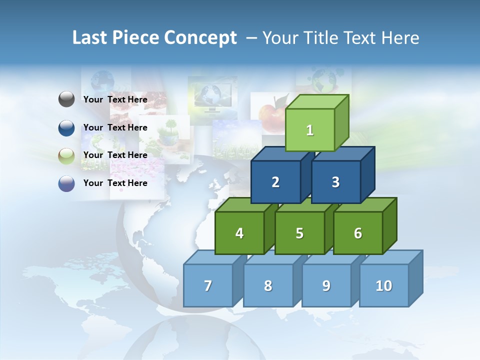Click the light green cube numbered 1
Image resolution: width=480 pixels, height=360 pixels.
tap(309, 130)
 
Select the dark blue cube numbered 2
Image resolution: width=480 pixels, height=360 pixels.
tap(275, 182)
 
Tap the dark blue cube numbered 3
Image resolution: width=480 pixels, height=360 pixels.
tap(335, 182)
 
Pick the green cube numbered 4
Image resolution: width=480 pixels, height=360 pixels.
tap(239, 233)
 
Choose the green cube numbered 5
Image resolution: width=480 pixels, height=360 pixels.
tap(299, 233)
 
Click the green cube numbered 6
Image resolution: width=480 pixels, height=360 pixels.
tap(357, 233)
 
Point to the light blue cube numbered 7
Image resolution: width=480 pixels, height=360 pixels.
tap(208, 285)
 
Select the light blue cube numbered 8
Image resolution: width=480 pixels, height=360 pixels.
tap(268, 285)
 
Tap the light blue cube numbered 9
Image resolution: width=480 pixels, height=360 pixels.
tap(326, 285)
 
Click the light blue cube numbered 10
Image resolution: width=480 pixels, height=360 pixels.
tap(383, 285)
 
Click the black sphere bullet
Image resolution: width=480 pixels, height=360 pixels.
tap(66, 99)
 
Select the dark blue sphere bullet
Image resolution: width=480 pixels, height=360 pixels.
tap(66, 127)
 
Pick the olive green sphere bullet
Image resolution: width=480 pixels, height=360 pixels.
tap(66, 155)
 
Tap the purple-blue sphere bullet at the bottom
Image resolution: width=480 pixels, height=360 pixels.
tap(66, 183)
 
